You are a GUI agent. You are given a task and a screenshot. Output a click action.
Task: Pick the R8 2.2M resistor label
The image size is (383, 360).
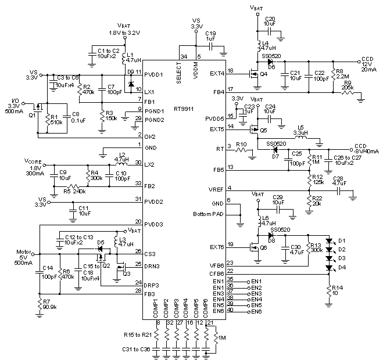tap(338, 74)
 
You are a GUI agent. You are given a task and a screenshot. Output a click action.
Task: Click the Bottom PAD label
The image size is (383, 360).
tap(209, 215)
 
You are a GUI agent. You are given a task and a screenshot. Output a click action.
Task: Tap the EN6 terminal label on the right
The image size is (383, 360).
tap(256, 311)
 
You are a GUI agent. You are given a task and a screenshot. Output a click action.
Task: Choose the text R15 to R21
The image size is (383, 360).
tap(138, 335)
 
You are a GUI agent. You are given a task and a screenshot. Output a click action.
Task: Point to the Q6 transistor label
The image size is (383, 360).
tap(263, 247)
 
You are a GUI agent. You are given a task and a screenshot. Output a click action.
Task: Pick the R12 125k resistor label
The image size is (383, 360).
tap(318, 179)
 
